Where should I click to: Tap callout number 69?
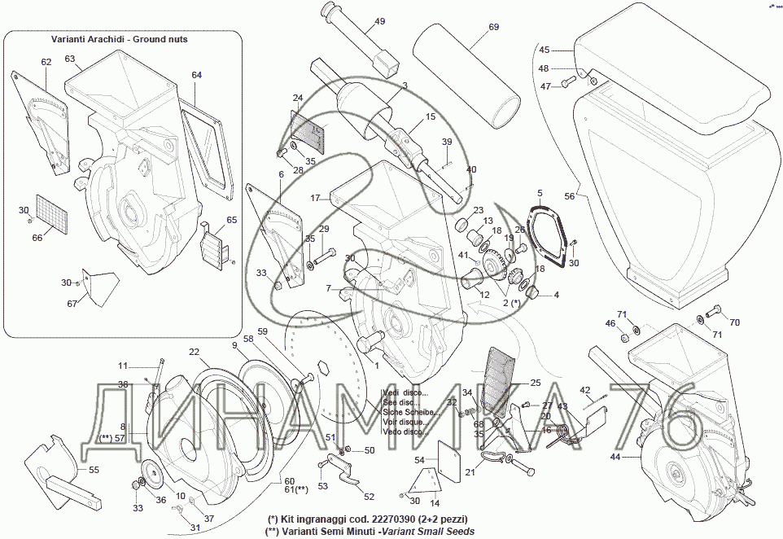point(493,27)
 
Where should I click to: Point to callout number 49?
point(379,22)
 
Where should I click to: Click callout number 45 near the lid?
point(545,50)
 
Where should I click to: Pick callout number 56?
point(570,196)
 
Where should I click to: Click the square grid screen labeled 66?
point(52,211)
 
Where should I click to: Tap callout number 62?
point(46,62)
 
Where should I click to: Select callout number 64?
point(196,75)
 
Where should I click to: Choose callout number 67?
point(72,304)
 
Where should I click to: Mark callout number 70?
point(734,322)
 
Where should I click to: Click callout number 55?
point(94,470)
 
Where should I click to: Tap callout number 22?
point(194,352)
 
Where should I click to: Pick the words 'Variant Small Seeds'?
point(424,531)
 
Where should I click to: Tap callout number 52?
point(369,496)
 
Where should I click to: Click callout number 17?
point(315,198)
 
